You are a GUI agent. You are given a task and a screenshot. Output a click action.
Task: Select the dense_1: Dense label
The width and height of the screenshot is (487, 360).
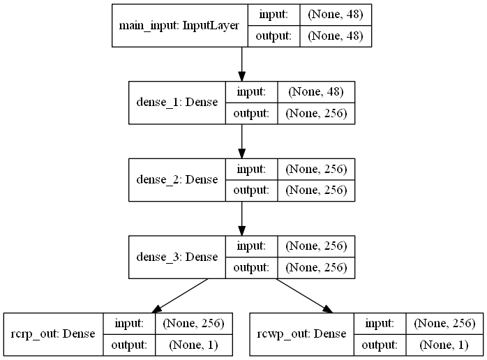[x=177, y=103]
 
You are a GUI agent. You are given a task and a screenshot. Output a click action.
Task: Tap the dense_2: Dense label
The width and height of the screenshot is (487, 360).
[x=177, y=180]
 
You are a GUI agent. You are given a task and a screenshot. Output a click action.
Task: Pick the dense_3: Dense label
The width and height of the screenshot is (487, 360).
[x=177, y=256]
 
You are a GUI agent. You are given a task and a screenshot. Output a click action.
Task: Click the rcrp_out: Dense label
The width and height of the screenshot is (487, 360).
[x=54, y=333]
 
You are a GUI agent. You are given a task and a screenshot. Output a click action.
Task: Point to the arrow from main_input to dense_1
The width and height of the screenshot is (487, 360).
[x=241, y=64]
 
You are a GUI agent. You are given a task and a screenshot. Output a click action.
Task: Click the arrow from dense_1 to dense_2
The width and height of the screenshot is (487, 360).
[x=241, y=141]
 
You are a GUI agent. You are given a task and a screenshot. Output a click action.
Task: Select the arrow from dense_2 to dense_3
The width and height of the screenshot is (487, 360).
[x=241, y=218]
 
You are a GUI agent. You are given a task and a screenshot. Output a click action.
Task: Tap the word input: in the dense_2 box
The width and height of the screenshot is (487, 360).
[x=250, y=169]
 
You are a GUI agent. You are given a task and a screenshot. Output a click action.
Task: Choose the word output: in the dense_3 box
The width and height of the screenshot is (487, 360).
[x=250, y=267]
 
